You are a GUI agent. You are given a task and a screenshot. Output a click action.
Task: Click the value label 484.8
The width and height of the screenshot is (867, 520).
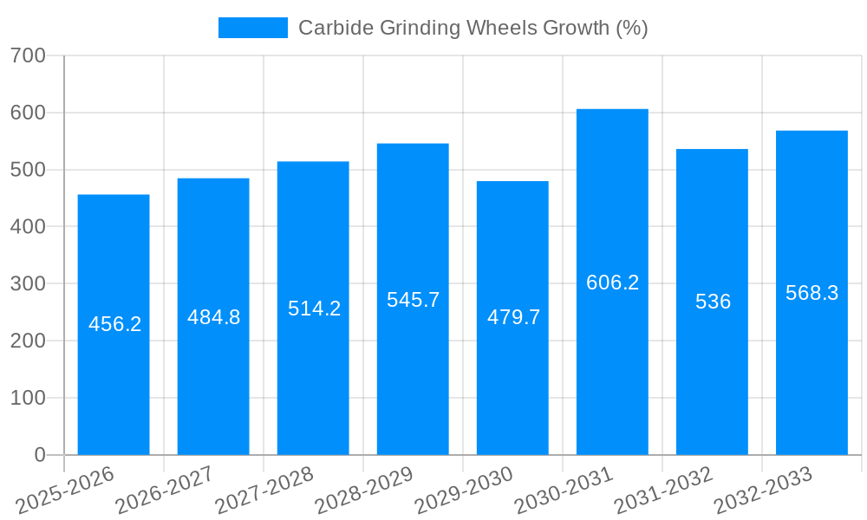(213, 317)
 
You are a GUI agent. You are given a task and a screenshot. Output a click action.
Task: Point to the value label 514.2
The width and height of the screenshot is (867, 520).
(314, 309)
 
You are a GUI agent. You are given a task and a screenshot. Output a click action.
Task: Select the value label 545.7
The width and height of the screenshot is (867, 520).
(413, 300)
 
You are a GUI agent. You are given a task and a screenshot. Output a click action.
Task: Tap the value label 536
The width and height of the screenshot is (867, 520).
(713, 302)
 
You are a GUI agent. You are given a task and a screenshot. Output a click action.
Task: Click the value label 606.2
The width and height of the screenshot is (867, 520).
(612, 283)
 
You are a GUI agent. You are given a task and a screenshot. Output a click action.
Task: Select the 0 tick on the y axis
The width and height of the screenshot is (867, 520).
(39, 455)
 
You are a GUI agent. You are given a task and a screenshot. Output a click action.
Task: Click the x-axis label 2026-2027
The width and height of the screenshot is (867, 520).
(165, 491)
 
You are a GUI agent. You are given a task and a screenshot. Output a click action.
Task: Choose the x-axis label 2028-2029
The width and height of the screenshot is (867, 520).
(364, 491)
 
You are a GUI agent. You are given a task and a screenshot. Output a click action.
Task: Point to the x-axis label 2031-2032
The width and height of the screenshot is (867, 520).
(663, 491)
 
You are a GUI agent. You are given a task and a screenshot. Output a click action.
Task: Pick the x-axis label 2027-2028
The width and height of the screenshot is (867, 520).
(264, 491)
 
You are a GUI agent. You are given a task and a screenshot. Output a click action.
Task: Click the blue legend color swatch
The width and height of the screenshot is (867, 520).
(252, 28)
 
